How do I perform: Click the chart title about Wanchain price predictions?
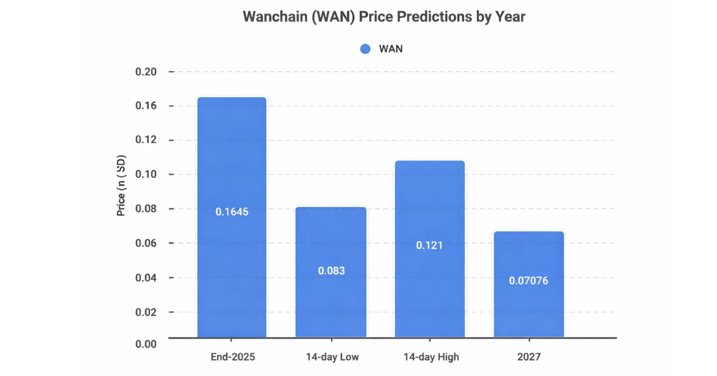coord(384,17)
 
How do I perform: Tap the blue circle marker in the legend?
coord(366,49)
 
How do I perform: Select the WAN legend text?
coord(391,49)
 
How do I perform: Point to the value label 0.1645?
coord(232,212)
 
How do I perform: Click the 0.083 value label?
coord(331,271)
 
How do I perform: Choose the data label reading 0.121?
coord(430,245)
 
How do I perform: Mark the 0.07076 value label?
coord(529,281)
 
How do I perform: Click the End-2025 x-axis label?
coord(232,357)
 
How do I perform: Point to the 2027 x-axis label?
coord(529,357)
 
